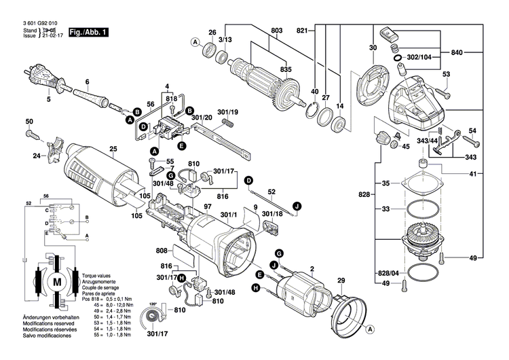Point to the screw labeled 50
click(36, 134)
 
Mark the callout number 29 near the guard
click(341, 281)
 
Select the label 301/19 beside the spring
click(227, 111)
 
